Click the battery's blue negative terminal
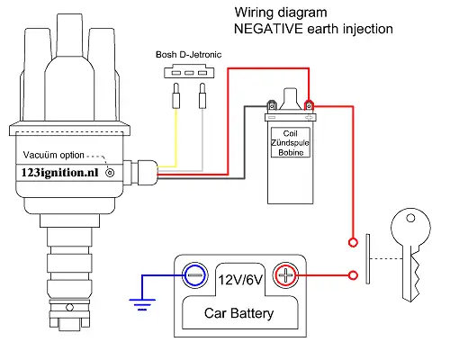[195, 275]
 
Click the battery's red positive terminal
[285, 275]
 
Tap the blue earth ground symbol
[142, 304]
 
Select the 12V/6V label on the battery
[240, 280]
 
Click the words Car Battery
[238, 313]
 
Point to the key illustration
[410, 255]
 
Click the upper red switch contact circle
[353, 242]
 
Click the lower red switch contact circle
[353, 275]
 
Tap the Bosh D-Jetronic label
[188, 55]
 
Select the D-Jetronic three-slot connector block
[189, 72]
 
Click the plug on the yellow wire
[176, 95]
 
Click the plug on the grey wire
[202, 95]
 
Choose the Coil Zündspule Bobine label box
[291, 142]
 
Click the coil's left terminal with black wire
[272, 106]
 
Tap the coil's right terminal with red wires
[309, 106]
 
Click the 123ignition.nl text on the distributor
[59, 173]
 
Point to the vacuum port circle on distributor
[110, 173]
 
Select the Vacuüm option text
[54, 155]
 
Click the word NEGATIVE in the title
[268, 29]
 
